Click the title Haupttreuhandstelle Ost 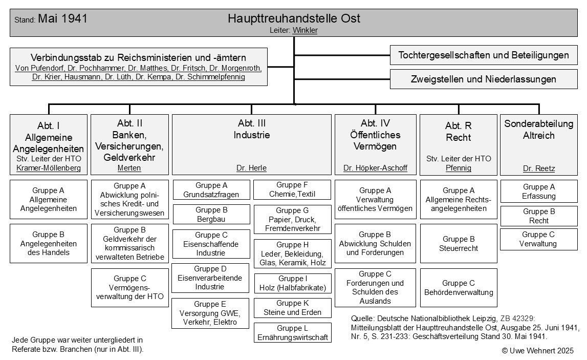(294, 19)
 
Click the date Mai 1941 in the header (62, 19)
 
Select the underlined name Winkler (305, 31)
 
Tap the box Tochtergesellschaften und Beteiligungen (484, 55)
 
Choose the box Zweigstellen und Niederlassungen (484, 79)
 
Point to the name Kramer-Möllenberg (49, 168)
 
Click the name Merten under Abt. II (129, 168)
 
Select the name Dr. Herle (251, 168)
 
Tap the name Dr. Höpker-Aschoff (375, 168)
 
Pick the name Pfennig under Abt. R (459, 168)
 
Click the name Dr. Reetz (539, 168)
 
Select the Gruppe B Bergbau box (211, 215)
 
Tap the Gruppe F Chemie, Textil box (292, 189)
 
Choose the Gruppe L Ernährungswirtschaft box (292, 333)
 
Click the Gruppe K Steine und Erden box (292, 308)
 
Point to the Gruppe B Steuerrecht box (459, 243)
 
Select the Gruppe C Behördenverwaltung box (459, 288)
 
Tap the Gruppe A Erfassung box (539, 192)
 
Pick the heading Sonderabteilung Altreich (539, 130)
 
